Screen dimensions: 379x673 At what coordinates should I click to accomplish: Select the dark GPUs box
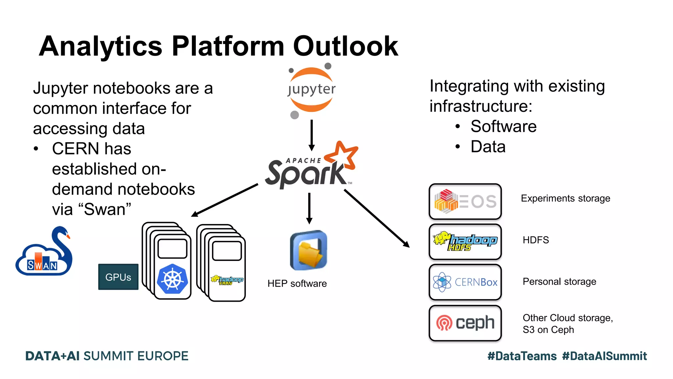(x=118, y=277)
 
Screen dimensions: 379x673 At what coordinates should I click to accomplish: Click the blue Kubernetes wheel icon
(x=172, y=279)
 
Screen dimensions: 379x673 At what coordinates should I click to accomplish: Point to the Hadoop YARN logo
(x=227, y=280)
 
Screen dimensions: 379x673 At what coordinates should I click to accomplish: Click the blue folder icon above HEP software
(x=308, y=250)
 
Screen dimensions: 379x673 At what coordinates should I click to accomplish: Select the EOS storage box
(x=465, y=201)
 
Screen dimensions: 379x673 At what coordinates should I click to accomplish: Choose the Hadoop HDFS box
(x=465, y=242)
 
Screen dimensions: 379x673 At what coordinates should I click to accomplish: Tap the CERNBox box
(x=465, y=282)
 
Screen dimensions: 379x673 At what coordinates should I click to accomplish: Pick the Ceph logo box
(x=465, y=323)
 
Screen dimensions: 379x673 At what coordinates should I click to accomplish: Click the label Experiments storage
(x=565, y=198)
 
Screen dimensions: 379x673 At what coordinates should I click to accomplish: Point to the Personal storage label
(x=559, y=282)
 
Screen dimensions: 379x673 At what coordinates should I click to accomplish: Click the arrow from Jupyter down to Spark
(x=312, y=135)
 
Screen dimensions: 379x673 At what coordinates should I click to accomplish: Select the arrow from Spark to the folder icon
(x=309, y=208)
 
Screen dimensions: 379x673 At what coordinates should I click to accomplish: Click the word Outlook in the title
(x=345, y=46)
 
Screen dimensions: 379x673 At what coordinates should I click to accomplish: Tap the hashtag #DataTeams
(x=522, y=356)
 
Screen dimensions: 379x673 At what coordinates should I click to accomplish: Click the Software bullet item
(x=503, y=126)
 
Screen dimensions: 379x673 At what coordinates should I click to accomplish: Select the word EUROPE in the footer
(x=163, y=356)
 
